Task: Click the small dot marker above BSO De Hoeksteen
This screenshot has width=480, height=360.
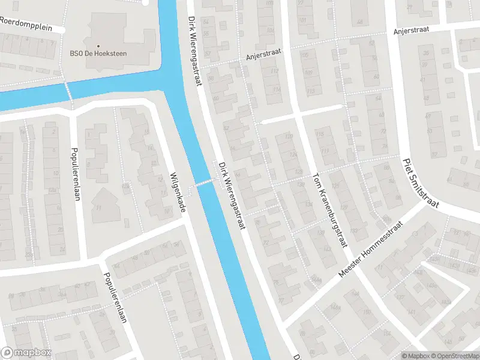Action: coord(98,46)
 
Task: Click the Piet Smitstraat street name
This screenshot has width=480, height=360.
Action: coord(421,183)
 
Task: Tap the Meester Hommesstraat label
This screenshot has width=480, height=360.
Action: coord(372,247)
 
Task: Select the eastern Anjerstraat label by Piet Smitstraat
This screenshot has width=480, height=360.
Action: coord(413,31)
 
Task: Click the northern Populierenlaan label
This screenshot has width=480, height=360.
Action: coord(76,174)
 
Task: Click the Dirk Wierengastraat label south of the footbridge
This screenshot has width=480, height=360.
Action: coord(233,196)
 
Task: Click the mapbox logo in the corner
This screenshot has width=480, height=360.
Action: coord(26,353)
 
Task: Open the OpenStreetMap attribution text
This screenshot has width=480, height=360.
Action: coord(451,356)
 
